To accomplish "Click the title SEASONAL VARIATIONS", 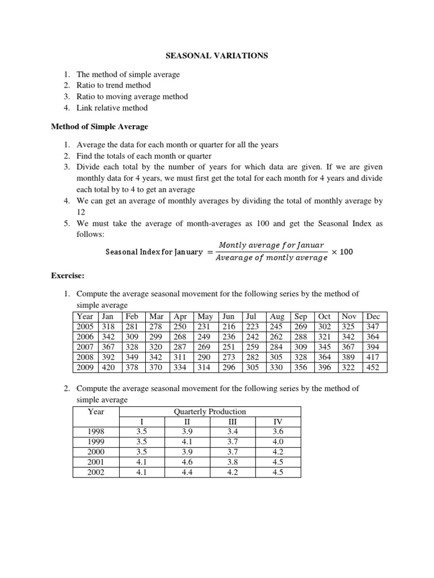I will coord(216,56).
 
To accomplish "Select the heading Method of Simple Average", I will coord(99,126).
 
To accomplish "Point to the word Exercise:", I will coord(67,275).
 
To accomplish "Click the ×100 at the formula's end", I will coord(342,251).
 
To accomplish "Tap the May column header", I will coord(206,316).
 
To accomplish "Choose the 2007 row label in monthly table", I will coord(85,347).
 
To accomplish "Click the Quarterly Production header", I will coord(210,411).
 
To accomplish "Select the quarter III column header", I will coord(232,421).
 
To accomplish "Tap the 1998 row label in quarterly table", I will coord(97,431).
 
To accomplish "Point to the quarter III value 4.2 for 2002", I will coord(232,472).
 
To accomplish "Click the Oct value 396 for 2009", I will coord(324,367).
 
